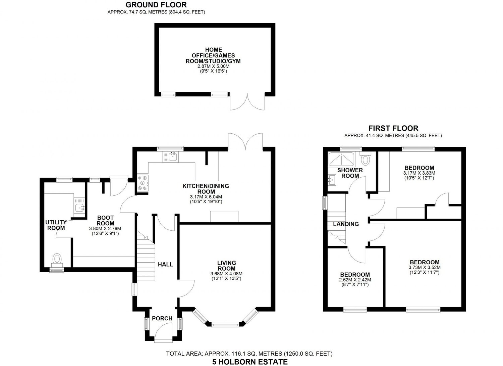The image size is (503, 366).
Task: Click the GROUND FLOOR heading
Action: pos(156,5)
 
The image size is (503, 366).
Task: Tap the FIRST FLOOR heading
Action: pos(393,128)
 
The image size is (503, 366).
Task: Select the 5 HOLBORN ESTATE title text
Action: pos(250,362)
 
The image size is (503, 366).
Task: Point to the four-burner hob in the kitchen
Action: pos(143,184)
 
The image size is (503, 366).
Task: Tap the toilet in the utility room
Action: pos(57,259)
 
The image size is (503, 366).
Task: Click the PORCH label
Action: pos(162,318)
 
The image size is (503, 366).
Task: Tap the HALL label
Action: pos(165,265)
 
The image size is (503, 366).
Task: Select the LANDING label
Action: pos(346,224)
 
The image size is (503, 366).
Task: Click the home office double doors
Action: pos(247,101)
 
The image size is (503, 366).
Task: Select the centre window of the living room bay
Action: pos(225,324)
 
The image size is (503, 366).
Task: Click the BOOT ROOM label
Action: pos(105,221)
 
